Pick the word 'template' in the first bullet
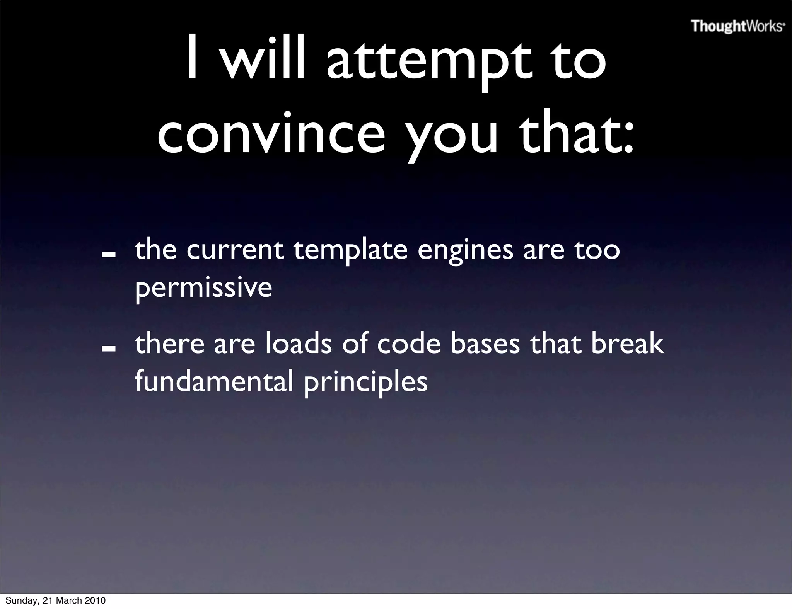coord(350,251)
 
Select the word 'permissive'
coord(203,288)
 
